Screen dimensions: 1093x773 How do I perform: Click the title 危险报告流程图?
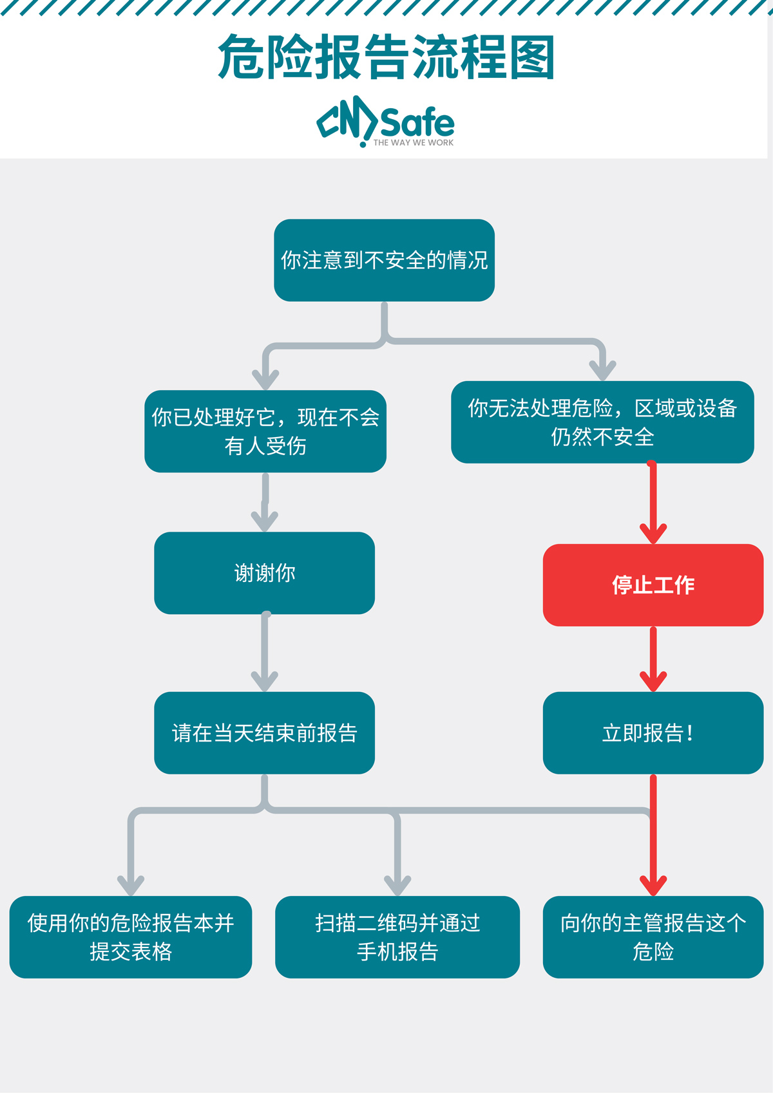click(386, 58)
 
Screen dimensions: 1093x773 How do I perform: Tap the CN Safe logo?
click(385, 120)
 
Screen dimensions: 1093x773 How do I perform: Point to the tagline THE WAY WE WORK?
click(413, 143)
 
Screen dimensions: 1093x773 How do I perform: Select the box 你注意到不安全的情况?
click(384, 260)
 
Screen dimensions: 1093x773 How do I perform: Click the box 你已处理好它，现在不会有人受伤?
click(265, 431)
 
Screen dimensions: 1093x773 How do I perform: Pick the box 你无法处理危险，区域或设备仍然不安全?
click(602, 422)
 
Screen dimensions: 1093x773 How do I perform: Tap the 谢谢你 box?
click(264, 573)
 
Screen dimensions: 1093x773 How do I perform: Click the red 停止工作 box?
click(653, 585)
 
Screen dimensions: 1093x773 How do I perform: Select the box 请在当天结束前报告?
click(264, 733)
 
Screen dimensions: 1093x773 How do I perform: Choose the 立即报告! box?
click(653, 733)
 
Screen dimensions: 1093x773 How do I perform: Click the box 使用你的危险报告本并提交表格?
click(131, 937)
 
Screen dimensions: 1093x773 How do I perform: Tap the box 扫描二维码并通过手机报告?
click(397, 937)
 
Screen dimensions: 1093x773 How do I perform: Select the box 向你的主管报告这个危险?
click(653, 937)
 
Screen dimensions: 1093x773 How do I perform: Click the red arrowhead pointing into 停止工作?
click(653, 534)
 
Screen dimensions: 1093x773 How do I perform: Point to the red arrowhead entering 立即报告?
click(653, 682)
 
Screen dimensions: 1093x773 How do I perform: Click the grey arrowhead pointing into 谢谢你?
click(264, 521)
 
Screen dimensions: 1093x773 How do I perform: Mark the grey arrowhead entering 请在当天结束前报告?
click(264, 682)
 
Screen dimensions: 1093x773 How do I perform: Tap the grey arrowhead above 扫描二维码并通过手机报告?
click(397, 886)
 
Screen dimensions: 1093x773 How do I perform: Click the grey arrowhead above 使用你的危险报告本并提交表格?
click(131, 886)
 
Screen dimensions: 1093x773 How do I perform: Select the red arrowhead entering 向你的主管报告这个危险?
click(653, 886)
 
